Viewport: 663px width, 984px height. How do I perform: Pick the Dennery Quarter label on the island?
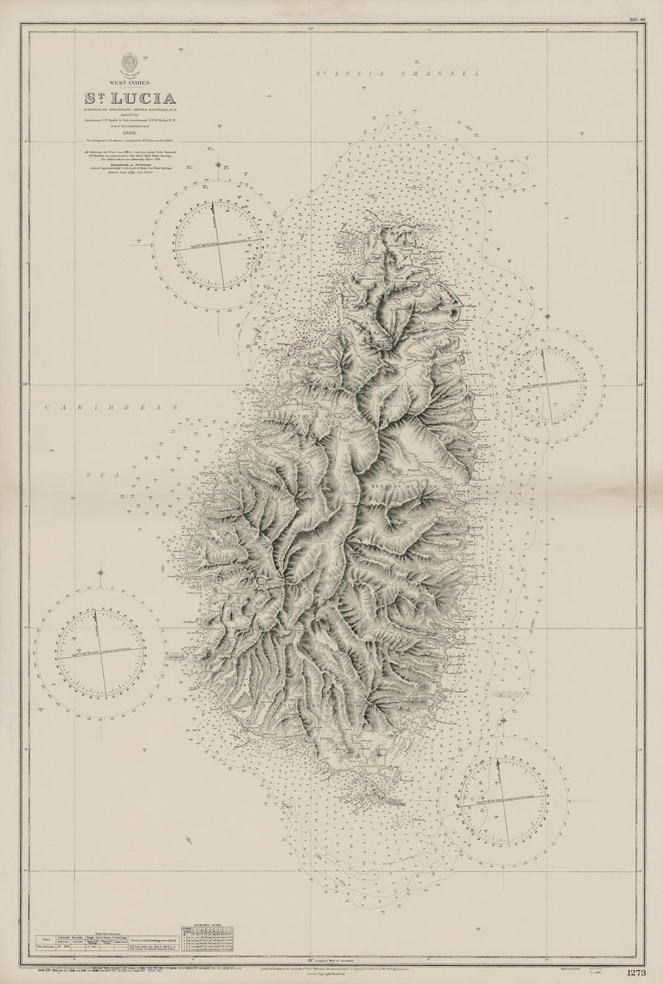(x=419, y=487)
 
